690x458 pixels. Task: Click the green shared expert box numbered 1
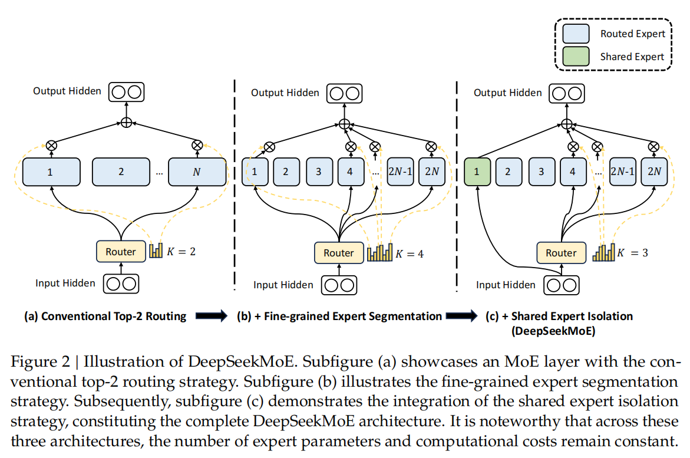pos(478,172)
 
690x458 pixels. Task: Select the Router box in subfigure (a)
pos(120,252)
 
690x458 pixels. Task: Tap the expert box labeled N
pos(197,172)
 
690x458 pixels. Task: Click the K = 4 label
pos(409,254)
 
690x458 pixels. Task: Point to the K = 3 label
pos(632,253)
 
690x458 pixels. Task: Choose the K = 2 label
pos(180,251)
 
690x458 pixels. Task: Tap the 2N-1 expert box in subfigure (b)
pos(400,172)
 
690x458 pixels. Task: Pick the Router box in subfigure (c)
pos(560,253)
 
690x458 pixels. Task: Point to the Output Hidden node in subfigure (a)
pos(126,91)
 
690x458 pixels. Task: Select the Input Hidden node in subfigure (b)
pos(338,285)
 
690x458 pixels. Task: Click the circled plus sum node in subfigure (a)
pos(126,123)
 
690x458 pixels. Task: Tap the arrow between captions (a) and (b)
pos(211,317)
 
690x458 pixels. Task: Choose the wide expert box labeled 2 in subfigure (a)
pos(121,172)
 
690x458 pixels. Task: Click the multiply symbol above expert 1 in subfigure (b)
pos(269,146)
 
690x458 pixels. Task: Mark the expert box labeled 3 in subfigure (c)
pos(540,172)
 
